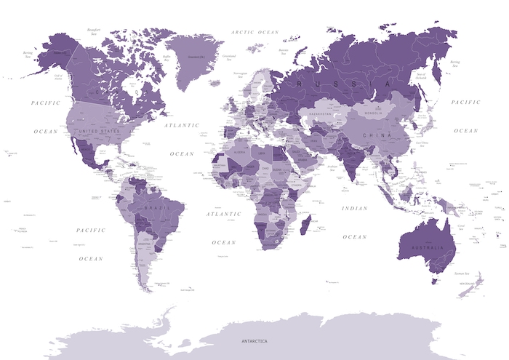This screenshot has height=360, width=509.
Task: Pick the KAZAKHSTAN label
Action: [321, 114]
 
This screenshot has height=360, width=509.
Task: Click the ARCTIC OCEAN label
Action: [254, 32]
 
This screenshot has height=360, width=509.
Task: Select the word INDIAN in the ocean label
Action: [355, 209]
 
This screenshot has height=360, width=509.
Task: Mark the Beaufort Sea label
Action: [93, 31]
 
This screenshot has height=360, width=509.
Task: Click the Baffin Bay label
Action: [167, 56]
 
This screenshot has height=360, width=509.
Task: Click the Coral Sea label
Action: [460, 227]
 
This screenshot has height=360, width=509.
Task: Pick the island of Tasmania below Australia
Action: [434, 281]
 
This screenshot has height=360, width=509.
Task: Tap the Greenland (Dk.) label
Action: [196, 56]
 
